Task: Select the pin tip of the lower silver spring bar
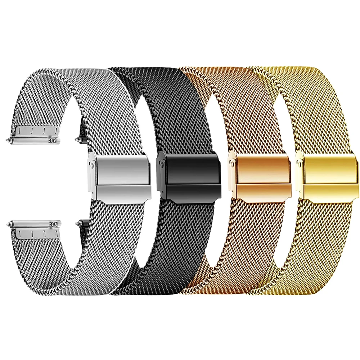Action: click(x=8, y=224)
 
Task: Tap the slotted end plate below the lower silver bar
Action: click(x=32, y=233)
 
